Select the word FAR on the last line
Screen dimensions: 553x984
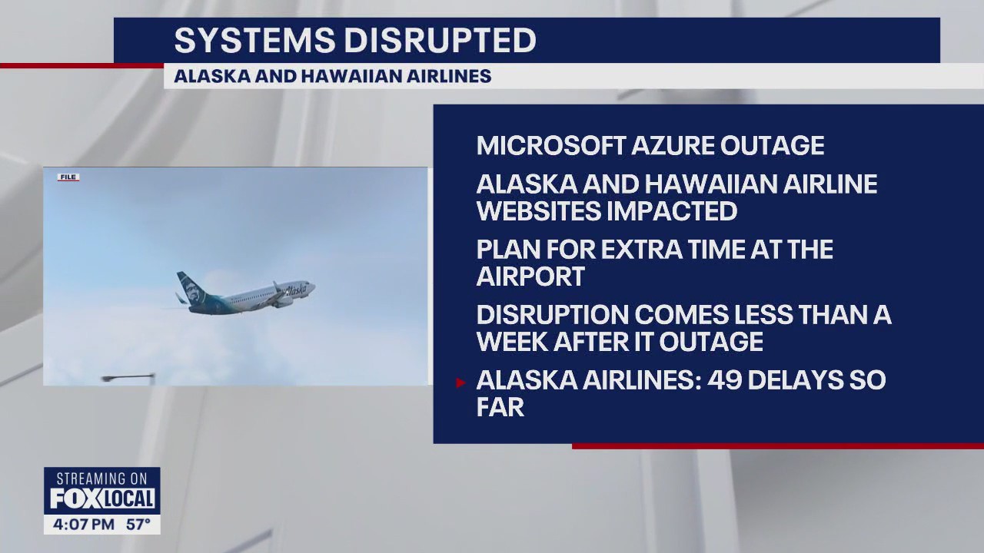[500, 407]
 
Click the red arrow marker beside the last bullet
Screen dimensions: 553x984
[460, 382]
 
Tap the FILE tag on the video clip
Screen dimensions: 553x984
[68, 177]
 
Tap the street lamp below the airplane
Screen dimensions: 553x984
[127, 377]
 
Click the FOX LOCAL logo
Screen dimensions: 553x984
[102, 499]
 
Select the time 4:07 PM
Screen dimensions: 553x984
[84, 525]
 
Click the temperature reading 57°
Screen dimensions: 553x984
[138, 525]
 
